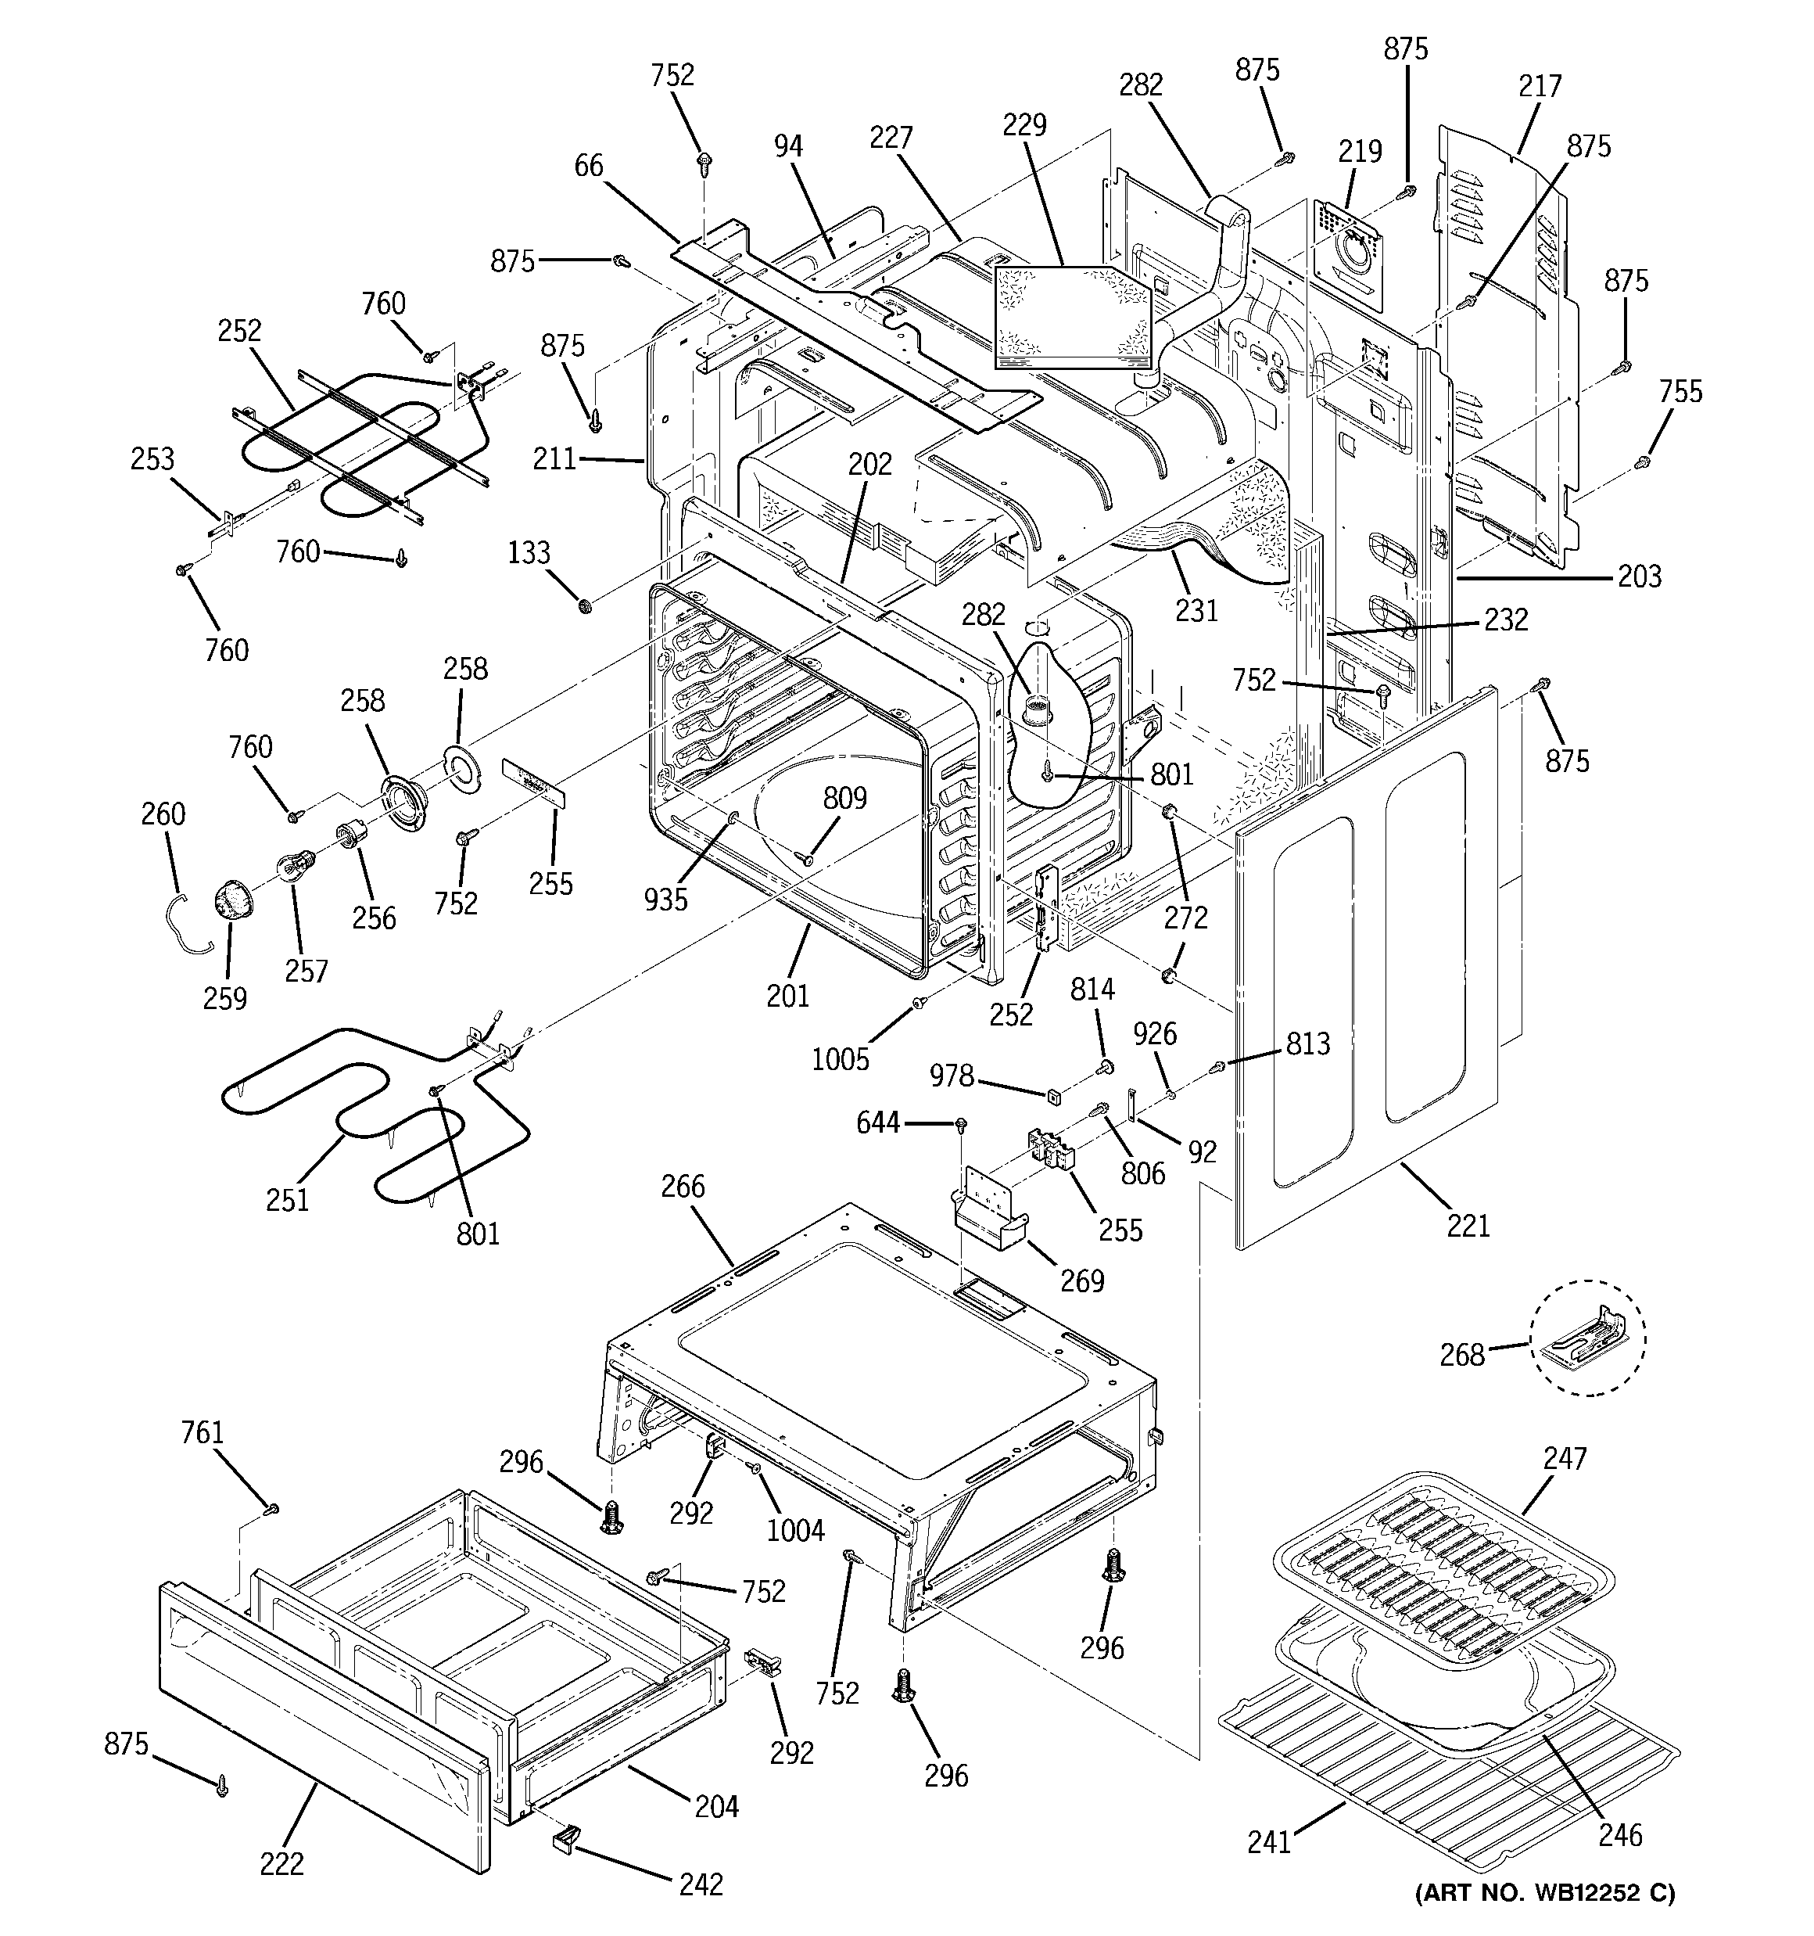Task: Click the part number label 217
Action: (x=1540, y=87)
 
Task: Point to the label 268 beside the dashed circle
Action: (x=1461, y=1355)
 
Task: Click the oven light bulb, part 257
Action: (x=295, y=865)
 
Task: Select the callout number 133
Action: (x=529, y=552)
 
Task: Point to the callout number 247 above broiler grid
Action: (x=1565, y=1458)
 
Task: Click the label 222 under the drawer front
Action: (x=281, y=1863)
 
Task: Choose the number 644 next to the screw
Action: (x=877, y=1122)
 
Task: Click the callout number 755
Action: (x=1680, y=391)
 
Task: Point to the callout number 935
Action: (x=665, y=900)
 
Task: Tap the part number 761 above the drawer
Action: (x=203, y=1432)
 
